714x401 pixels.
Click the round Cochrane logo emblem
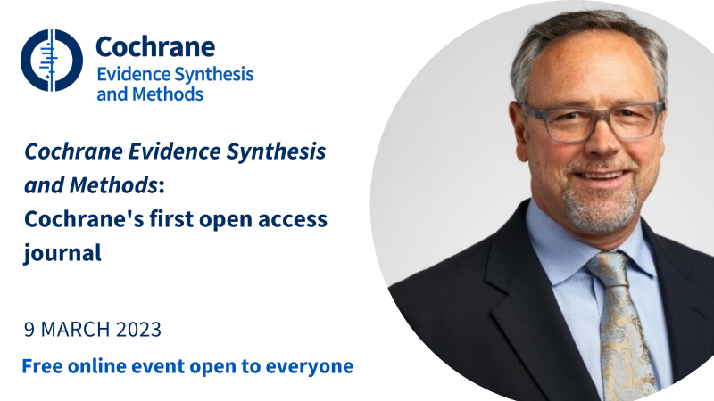(52, 61)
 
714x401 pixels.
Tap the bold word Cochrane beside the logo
(155, 47)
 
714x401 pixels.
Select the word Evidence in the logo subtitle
(133, 74)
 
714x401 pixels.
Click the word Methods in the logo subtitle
(168, 94)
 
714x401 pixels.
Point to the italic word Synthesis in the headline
(277, 151)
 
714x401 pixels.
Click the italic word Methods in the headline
(113, 185)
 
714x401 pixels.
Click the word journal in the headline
(62, 253)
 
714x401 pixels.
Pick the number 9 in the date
(29, 329)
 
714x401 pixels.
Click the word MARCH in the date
(76, 329)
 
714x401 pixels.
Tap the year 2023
(138, 329)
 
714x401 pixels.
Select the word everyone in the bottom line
(309, 367)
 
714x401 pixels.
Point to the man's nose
(602, 144)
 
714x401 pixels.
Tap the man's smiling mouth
(602, 176)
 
